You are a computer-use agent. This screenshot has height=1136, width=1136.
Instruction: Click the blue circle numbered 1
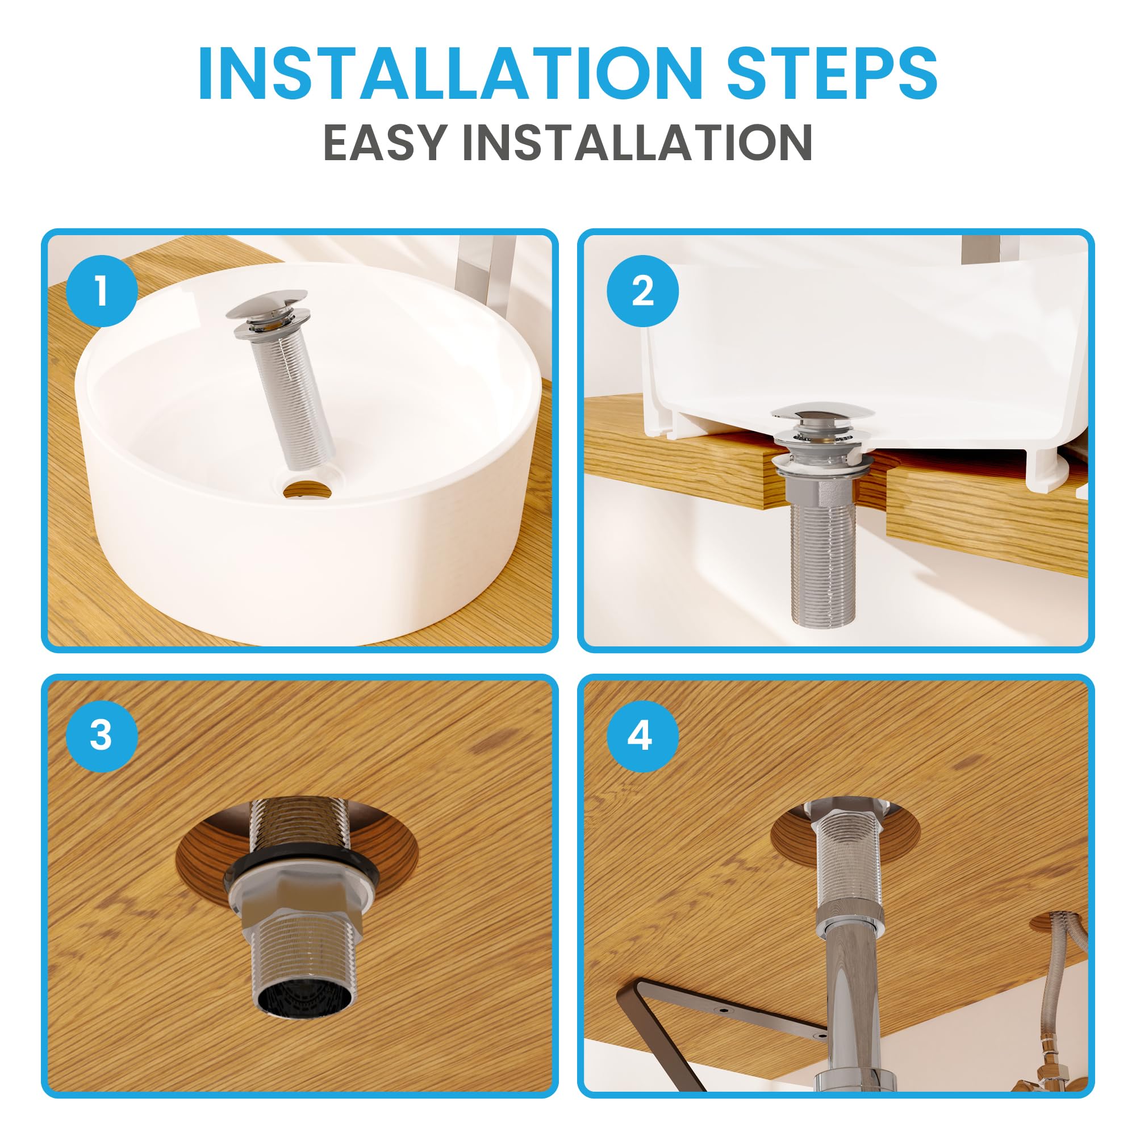tap(102, 291)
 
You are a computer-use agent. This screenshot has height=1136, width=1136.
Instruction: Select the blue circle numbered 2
tap(642, 291)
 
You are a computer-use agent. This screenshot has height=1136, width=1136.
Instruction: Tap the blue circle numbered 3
tap(102, 736)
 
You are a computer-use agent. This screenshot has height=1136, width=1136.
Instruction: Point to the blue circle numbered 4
tap(642, 736)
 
